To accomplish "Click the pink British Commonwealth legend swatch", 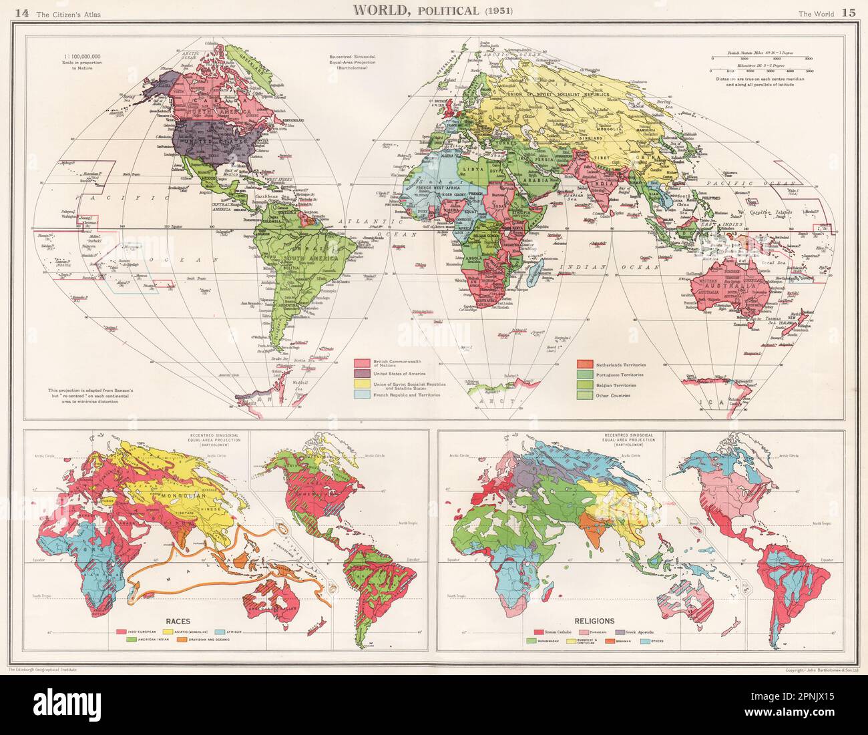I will (x=363, y=363).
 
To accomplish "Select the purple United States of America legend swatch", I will (x=363, y=374).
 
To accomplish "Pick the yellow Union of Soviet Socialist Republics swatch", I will (x=363, y=385).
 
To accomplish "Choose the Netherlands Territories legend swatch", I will (x=584, y=364).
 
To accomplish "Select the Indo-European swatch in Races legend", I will (x=122, y=630).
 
